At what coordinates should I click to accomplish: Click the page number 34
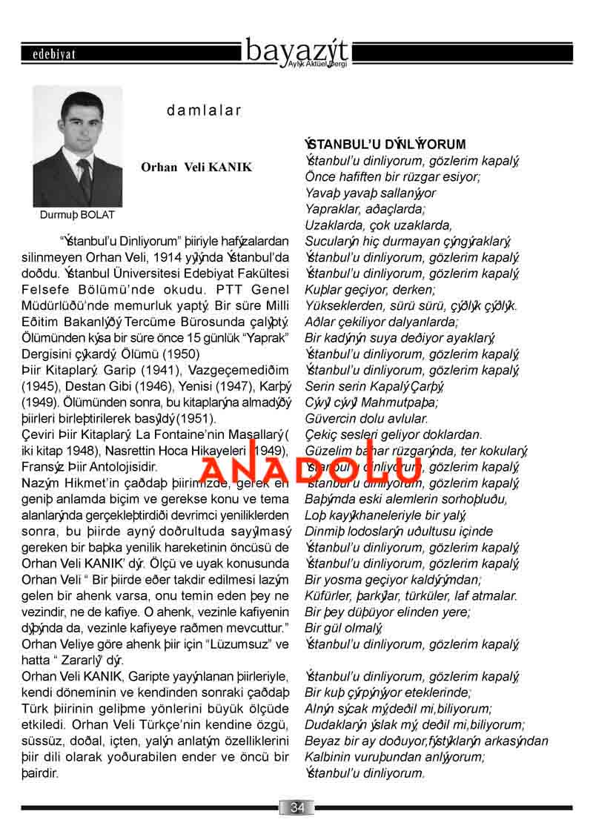[296, 807]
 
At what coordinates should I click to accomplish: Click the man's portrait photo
[77, 147]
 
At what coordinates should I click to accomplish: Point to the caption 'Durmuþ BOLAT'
[77, 215]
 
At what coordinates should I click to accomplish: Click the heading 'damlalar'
[204, 111]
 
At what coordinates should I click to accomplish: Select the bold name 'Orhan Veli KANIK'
[196, 168]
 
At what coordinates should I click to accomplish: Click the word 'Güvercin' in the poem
[328, 418]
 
